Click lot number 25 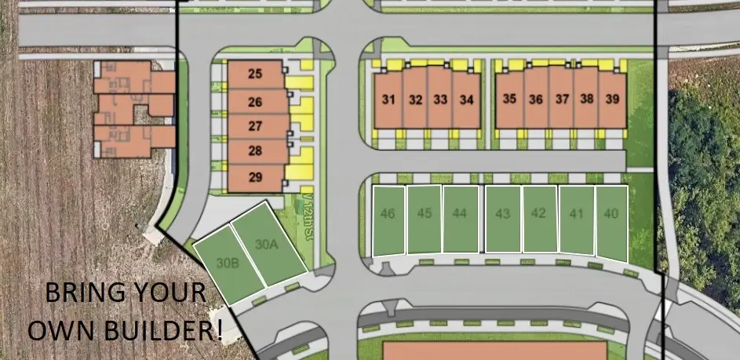pyautogui.click(x=255, y=75)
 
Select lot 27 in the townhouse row pyautogui.click(x=255, y=126)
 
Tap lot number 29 pyautogui.click(x=255, y=177)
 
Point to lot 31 pyautogui.click(x=388, y=100)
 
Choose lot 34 pyautogui.click(x=467, y=100)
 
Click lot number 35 pyautogui.click(x=510, y=100)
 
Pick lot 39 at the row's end pyautogui.click(x=613, y=100)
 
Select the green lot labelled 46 pyautogui.click(x=388, y=213)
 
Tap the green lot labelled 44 pyautogui.click(x=461, y=213)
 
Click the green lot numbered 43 pyautogui.click(x=503, y=213)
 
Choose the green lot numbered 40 pyautogui.click(x=611, y=213)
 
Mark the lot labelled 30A pyautogui.click(x=267, y=244)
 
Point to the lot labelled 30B pyautogui.click(x=227, y=264)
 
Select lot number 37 pyautogui.click(x=562, y=100)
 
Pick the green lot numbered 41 pyautogui.click(x=577, y=213)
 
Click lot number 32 pyautogui.click(x=416, y=100)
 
